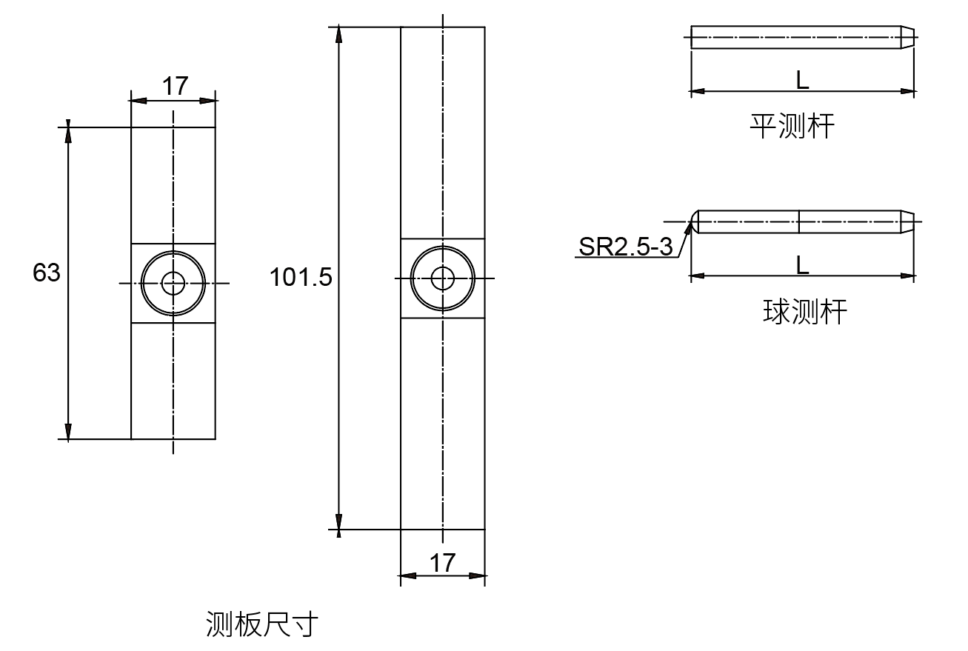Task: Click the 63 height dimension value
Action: click(46, 273)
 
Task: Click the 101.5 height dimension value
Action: click(301, 278)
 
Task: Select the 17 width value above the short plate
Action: click(175, 87)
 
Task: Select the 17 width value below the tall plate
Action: click(443, 563)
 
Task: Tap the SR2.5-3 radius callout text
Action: click(625, 247)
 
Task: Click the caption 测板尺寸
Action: click(261, 624)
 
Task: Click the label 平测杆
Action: click(792, 127)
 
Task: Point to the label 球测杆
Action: click(804, 312)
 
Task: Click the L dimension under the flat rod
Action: click(802, 81)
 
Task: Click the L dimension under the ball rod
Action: click(802, 265)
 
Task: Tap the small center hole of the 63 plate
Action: click(173, 283)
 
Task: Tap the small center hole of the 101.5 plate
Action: click(443, 278)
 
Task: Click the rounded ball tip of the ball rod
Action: click(694, 221)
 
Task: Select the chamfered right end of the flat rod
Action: click(907, 37)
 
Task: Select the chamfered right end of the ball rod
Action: click(907, 221)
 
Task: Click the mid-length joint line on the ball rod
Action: click(798, 221)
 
